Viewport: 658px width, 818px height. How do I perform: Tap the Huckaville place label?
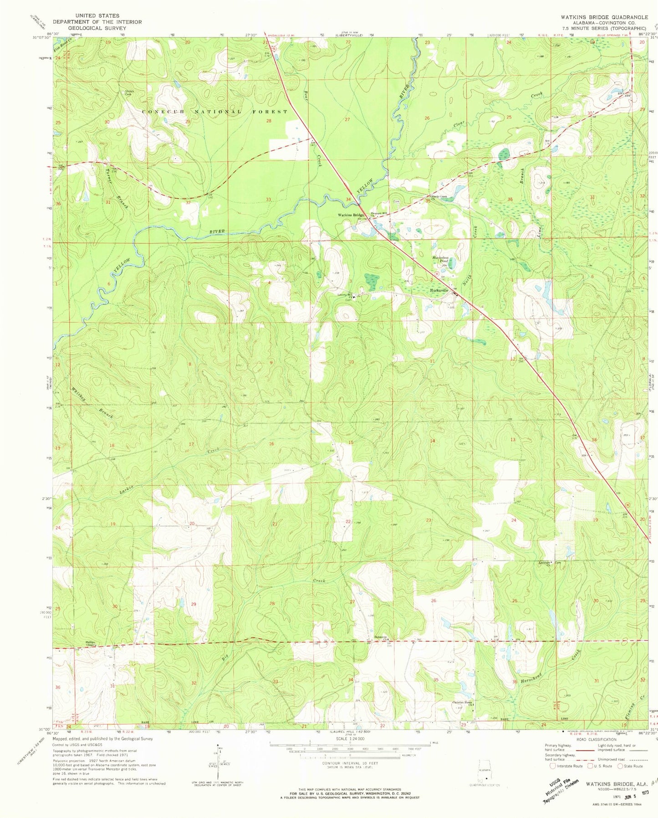pos(439,290)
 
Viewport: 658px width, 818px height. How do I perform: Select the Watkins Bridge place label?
pos(351,215)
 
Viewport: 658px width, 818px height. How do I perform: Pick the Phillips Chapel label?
pos(93,644)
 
